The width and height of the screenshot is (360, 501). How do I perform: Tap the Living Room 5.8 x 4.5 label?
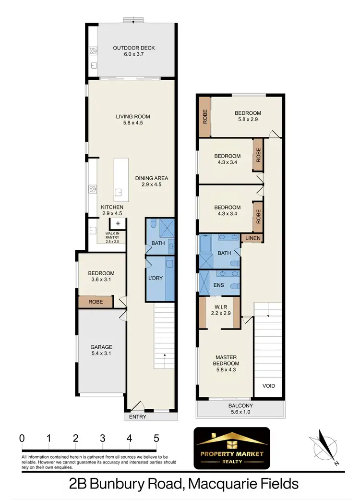click(x=133, y=120)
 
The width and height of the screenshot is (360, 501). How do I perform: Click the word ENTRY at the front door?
click(x=137, y=417)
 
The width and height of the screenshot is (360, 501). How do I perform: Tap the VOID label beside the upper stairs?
click(x=268, y=386)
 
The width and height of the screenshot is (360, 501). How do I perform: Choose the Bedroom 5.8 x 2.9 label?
click(x=248, y=117)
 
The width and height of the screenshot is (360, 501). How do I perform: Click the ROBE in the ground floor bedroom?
click(x=96, y=302)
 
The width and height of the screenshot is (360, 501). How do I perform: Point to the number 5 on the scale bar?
click(x=156, y=438)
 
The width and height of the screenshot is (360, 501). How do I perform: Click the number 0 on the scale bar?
click(x=22, y=438)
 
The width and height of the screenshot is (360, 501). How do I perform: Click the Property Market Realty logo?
click(x=231, y=448)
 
